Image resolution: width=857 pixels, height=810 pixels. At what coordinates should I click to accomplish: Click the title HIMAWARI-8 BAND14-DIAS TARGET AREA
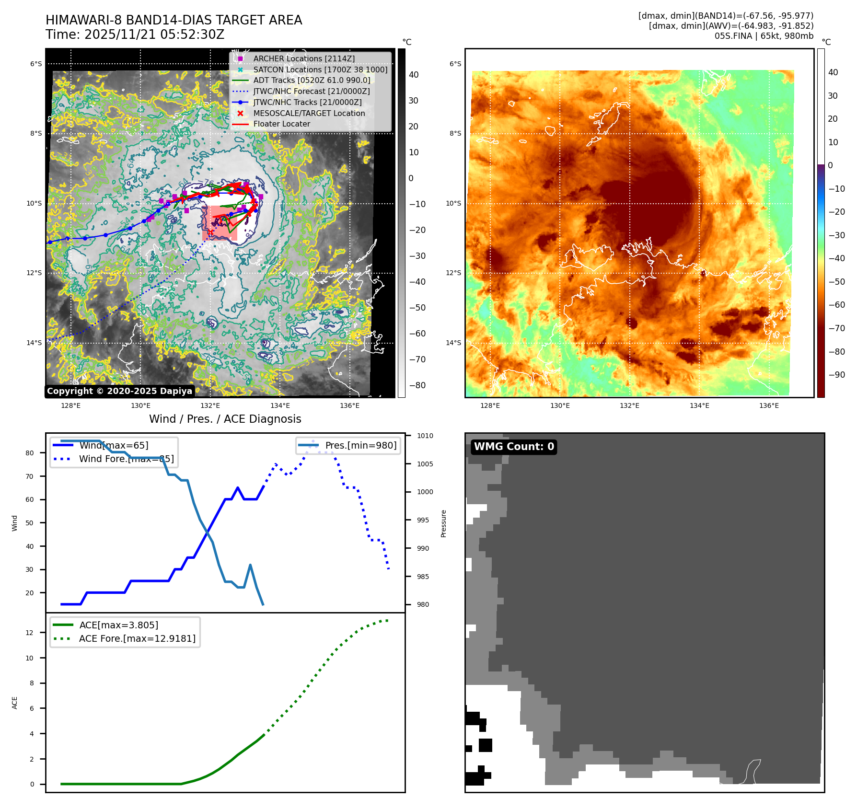(x=174, y=20)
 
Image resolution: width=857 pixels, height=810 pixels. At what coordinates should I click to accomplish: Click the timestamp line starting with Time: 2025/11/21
(x=135, y=35)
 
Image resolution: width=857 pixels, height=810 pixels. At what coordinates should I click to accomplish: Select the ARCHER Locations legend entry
(x=304, y=58)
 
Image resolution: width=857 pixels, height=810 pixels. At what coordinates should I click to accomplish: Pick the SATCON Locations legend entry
(x=320, y=69)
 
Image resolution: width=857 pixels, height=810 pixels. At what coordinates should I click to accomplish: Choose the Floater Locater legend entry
(x=281, y=124)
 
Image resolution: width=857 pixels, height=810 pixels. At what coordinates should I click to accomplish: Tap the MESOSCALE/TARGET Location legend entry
(x=309, y=113)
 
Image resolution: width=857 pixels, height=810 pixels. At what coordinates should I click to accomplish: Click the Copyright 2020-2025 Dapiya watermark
(x=119, y=391)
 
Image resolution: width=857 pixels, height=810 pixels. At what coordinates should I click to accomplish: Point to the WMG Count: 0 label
(x=513, y=447)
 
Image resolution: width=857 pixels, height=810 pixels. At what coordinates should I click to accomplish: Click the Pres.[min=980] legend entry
(x=360, y=445)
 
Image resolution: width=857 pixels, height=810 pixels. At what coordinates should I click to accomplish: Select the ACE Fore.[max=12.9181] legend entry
(x=137, y=638)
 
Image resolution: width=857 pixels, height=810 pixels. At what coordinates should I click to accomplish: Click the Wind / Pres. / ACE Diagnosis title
(x=225, y=419)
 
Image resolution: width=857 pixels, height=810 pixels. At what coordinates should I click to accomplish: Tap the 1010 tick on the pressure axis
(x=425, y=436)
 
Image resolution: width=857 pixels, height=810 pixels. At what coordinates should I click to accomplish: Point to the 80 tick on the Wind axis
(x=30, y=453)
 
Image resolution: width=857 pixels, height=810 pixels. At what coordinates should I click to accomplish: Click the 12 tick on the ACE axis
(x=30, y=633)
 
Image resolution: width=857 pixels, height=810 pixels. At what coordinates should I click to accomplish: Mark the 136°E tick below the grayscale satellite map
(x=349, y=405)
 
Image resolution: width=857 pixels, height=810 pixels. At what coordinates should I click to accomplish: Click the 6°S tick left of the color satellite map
(x=455, y=64)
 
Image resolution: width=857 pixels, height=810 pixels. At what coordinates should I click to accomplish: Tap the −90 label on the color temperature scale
(x=836, y=375)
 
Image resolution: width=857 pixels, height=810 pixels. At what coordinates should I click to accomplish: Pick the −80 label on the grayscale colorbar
(x=417, y=385)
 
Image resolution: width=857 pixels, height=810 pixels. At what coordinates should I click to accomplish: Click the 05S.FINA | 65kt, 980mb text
(x=764, y=36)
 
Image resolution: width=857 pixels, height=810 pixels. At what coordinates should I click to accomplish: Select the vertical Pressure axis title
(x=444, y=523)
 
